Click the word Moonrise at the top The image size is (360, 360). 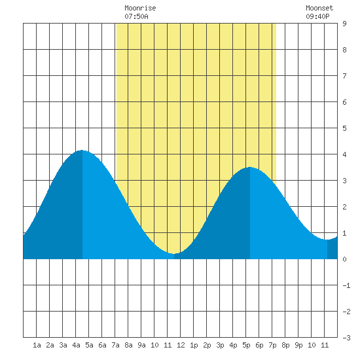pos(140,8)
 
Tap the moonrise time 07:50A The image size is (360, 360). pos(136,16)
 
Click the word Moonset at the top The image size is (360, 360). pos(319,8)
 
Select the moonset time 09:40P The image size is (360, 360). pos(317,16)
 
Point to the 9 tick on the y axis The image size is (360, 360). pos(344,24)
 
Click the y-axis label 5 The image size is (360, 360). pos(344,128)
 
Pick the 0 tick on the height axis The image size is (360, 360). pos(344,259)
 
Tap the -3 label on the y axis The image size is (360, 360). pos(346,338)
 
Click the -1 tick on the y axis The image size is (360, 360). pos(346,285)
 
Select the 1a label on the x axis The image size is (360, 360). pos(37,345)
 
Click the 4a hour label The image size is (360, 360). pos(76,345)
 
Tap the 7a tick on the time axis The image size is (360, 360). pos(115,345)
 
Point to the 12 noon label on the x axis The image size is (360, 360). pos(181,345)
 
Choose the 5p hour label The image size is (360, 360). pos(246,345)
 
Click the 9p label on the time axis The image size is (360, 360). pos(298,345)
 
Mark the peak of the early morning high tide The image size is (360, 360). pos(82,151)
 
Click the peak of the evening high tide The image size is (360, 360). pos(250,168)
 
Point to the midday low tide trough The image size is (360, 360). pos(174,254)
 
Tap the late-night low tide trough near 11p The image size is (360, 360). pos(327,240)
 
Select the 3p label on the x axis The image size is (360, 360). pos(220,345)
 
